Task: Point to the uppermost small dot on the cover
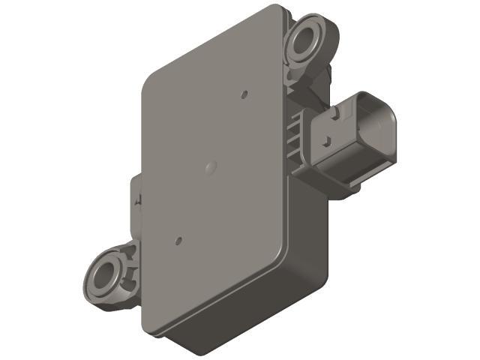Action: point(245,95)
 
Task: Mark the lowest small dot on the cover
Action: point(178,241)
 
